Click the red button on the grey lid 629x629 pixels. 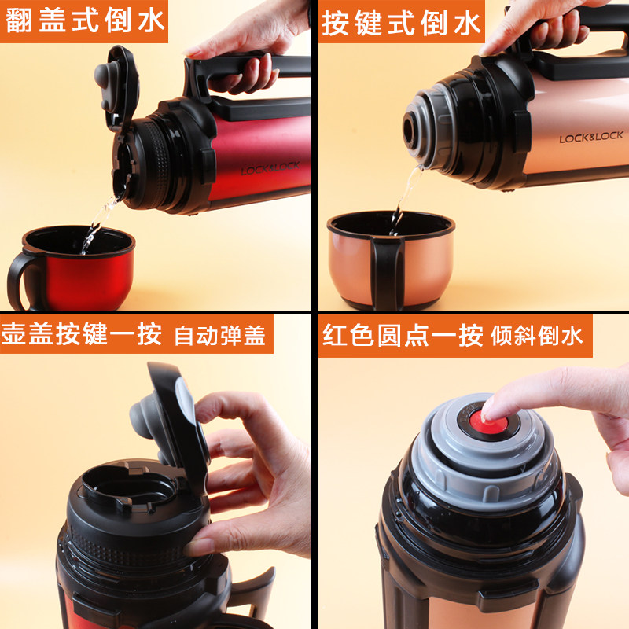coord(488,422)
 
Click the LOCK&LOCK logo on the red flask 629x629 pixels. coord(270,168)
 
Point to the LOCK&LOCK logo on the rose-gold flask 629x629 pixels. coord(591,137)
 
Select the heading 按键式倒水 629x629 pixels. coord(401,24)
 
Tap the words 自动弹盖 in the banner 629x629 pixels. coord(220,336)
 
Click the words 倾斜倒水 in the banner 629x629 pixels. coord(537,336)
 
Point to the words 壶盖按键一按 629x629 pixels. coord(82,333)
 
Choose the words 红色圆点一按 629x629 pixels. coord(403,335)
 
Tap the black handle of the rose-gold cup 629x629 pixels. coord(387,273)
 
